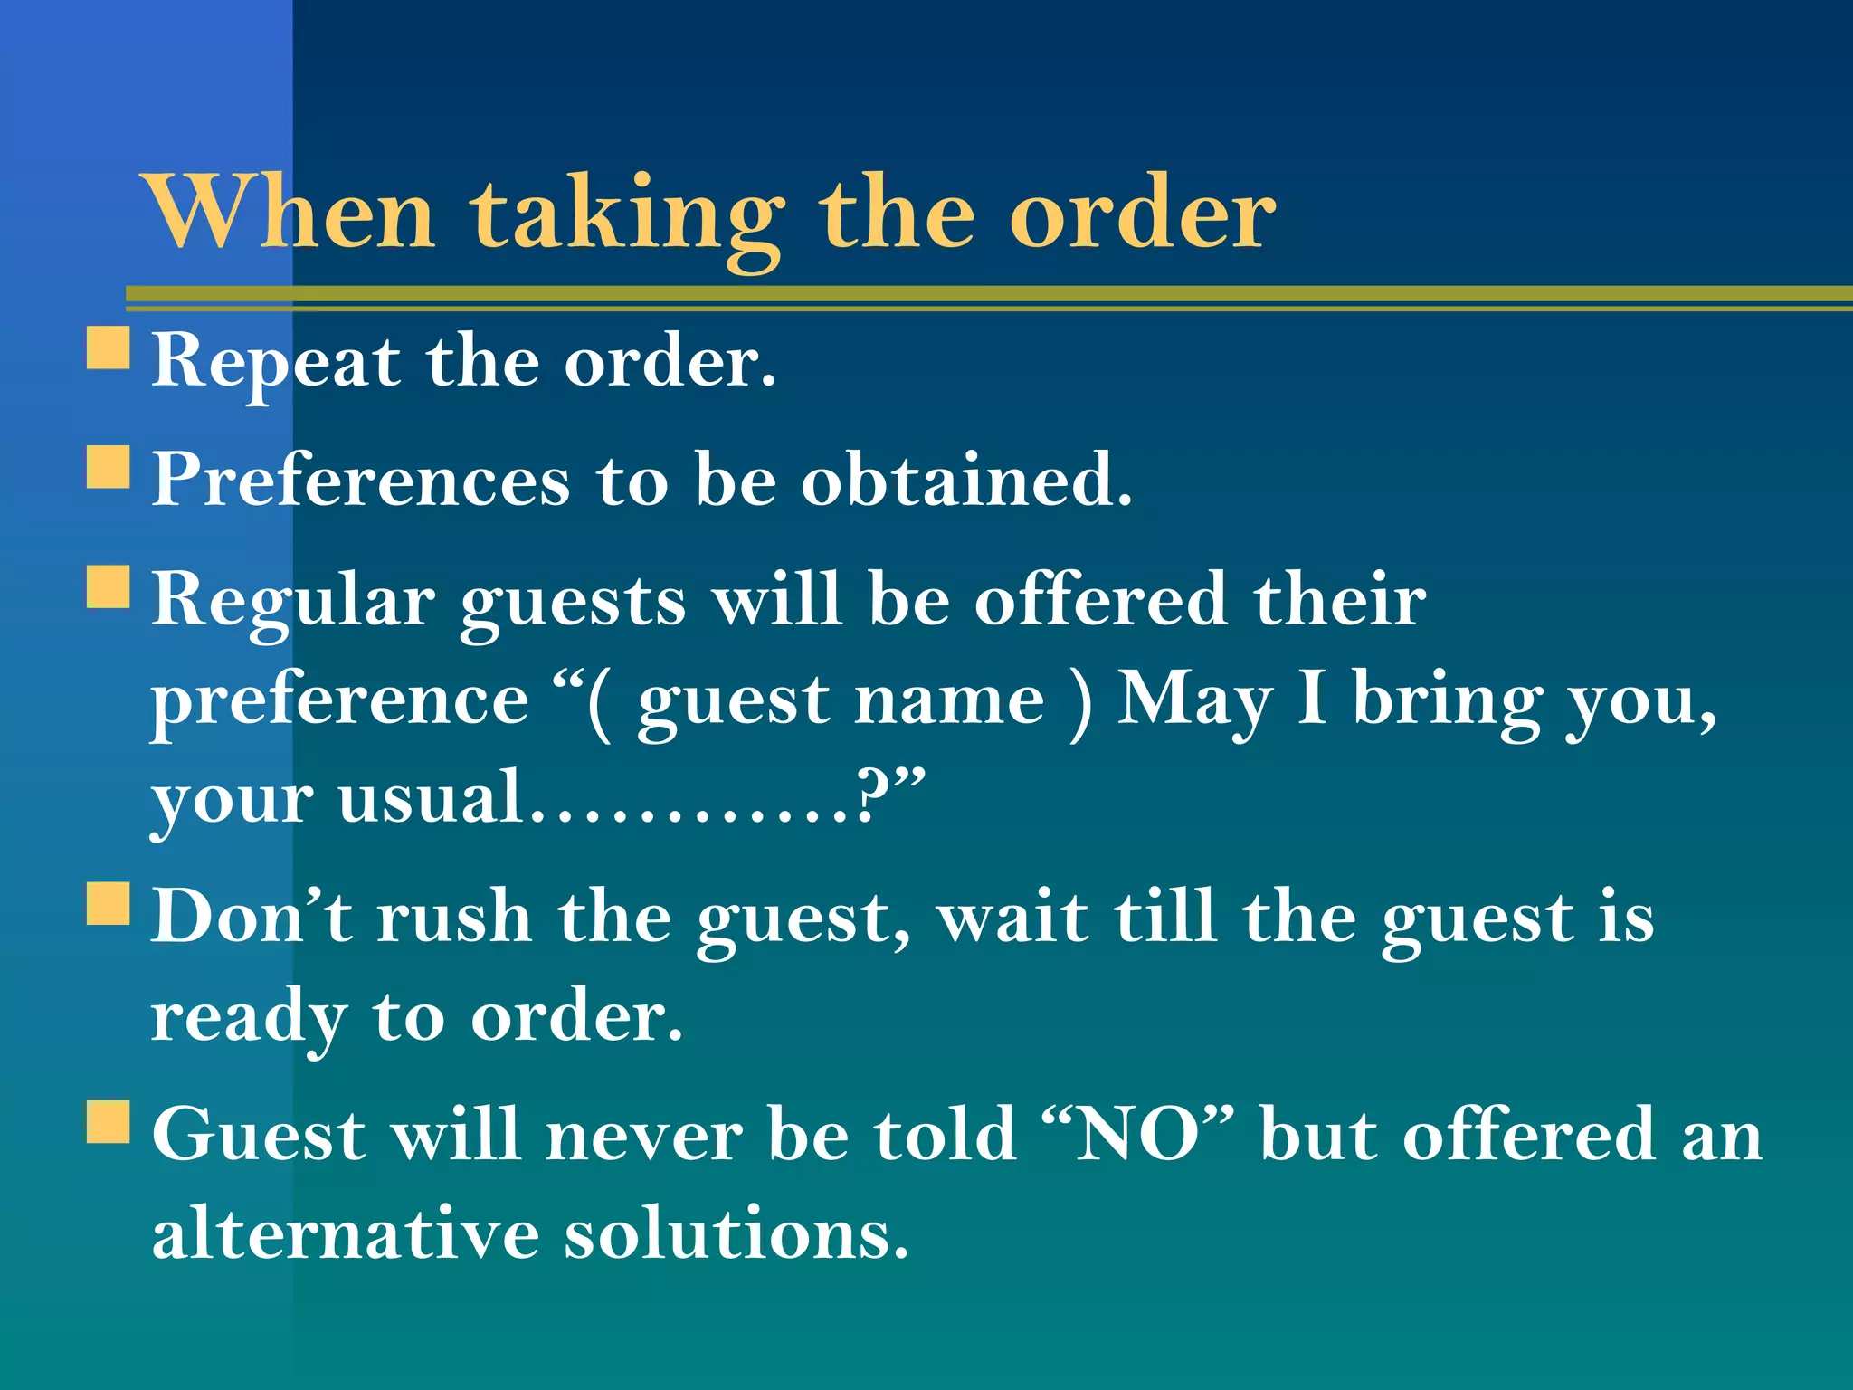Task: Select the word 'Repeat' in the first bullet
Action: [276, 362]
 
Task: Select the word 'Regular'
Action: [293, 601]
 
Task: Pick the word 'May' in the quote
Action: [1194, 701]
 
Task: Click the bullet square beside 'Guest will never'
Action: [109, 1121]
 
